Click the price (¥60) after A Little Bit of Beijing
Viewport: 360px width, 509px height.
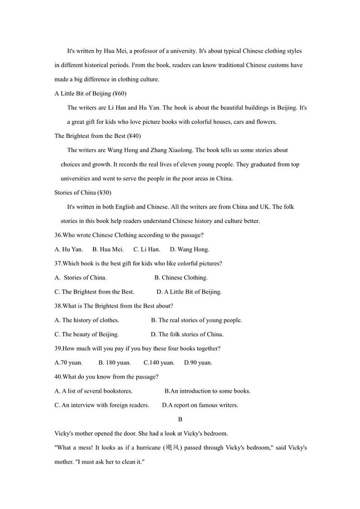pyautogui.click(x=119, y=93)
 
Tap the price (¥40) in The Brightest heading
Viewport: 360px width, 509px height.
pyautogui.click(x=135, y=136)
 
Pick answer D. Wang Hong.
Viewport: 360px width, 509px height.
pyautogui.click(x=190, y=249)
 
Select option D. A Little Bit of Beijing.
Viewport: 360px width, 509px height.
pyautogui.click(x=189, y=292)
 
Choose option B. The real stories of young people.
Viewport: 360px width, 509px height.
pyautogui.click(x=196, y=320)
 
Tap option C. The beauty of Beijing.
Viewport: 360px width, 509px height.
pyautogui.click(x=87, y=334)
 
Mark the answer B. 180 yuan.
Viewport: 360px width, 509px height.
pyautogui.click(x=115, y=363)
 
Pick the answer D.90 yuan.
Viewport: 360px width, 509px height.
pyautogui.click(x=198, y=363)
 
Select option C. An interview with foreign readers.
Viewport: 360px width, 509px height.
pyautogui.click(x=102, y=405)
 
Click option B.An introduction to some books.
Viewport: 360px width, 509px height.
pyautogui.click(x=207, y=391)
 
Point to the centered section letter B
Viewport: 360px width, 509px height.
pyautogui.click(x=180, y=419)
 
